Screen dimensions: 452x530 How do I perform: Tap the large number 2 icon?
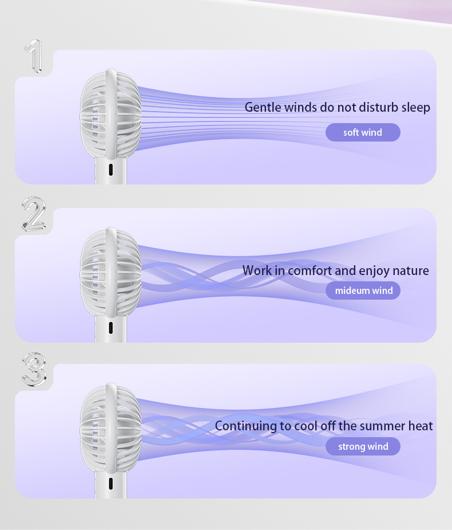[34, 214]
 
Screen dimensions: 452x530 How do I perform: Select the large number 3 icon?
[34, 369]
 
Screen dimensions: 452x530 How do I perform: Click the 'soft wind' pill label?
[363, 132]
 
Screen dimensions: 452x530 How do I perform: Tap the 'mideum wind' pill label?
[363, 290]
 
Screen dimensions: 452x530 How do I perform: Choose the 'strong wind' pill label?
[363, 446]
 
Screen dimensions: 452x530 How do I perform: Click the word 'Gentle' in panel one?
[263, 107]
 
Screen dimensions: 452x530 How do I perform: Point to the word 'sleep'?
[415, 107]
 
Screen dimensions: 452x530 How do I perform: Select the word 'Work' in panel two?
[257, 270]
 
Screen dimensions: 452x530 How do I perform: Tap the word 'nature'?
[410, 270]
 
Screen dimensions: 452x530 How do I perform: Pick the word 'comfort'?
[311, 270]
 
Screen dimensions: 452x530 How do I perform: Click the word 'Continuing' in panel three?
[245, 426]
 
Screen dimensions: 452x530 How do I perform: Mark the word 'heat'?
[420, 426]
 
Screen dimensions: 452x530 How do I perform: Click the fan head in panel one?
[110, 115]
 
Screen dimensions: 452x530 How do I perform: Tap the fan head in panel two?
[110, 272]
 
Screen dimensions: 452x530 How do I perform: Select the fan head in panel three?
[110, 427]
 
